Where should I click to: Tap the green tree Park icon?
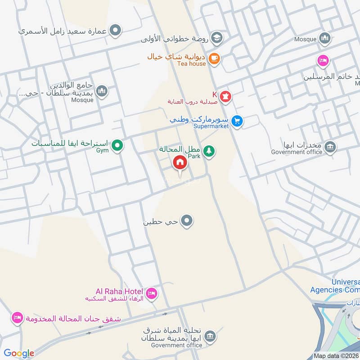208,152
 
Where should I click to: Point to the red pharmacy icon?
226,96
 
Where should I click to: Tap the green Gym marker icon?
117,145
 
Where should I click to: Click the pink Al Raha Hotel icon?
152,293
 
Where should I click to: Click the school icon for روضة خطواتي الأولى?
216,37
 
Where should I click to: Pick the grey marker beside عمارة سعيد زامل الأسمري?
116,31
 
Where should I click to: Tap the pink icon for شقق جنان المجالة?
17,318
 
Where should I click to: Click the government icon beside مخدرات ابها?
330,147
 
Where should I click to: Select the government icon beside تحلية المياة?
209,336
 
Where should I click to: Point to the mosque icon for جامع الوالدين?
102,91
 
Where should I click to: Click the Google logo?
19,353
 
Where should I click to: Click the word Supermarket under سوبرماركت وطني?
211,126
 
